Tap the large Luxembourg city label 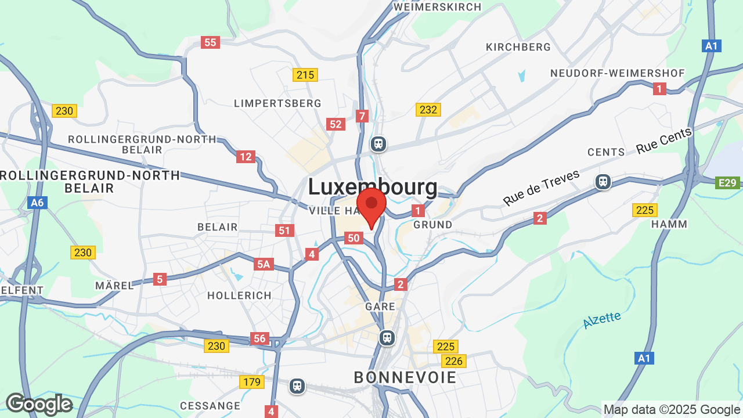click(x=372, y=187)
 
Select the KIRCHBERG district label click(x=518, y=47)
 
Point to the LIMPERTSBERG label click(x=277, y=103)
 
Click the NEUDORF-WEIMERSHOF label click(x=618, y=73)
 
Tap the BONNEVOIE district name click(x=405, y=377)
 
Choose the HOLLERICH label click(x=239, y=296)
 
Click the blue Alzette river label click(x=601, y=320)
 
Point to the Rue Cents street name click(x=664, y=141)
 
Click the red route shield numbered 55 click(x=210, y=42)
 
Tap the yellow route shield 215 click(x=305, y=75)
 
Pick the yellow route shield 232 click(x=428, y=110)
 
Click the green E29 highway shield click(x=728, y=183)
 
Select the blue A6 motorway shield click(x=37, y=203)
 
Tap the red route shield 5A click(x=264, y=265)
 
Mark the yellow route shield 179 click(x=252, y=382)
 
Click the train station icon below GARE click(x=387, y=337)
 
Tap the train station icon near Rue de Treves click(x=603, y=182)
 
